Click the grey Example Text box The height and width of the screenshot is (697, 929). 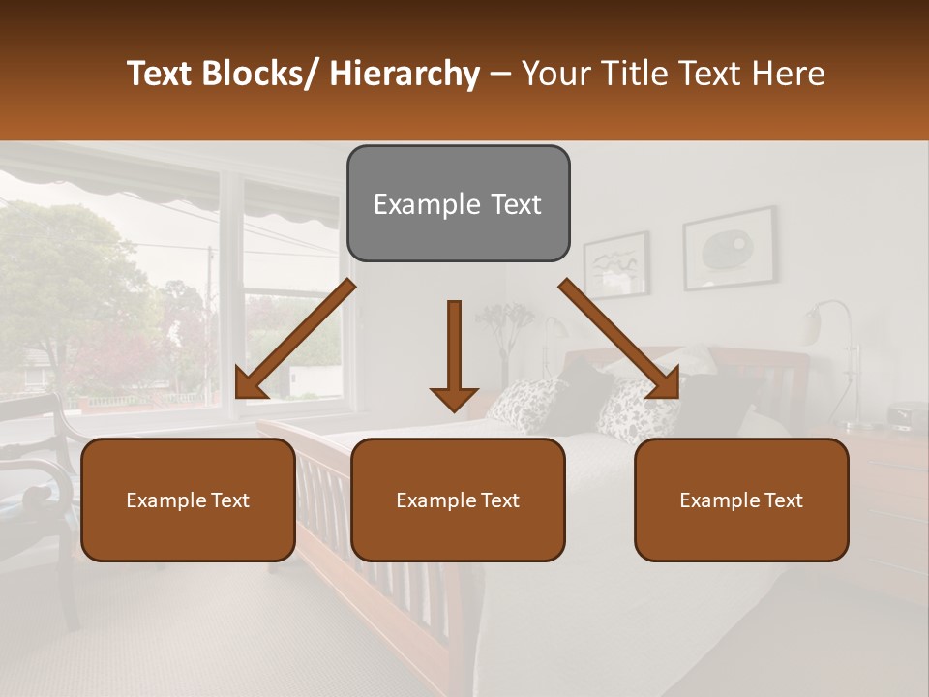(x=458, y=204)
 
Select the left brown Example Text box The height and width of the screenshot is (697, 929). (x=188, y=500)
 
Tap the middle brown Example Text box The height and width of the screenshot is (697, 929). (x=458, y=500)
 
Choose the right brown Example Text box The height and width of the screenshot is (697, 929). (x=741, y=500)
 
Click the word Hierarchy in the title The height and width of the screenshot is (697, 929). (x=404, y=74)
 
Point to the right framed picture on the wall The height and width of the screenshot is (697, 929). (x=728, y=249)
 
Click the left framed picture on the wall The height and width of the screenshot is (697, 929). (x=615, y=263)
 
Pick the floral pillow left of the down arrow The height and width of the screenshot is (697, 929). (x=527, y=404)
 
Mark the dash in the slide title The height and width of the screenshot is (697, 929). (x=500, y=75)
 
